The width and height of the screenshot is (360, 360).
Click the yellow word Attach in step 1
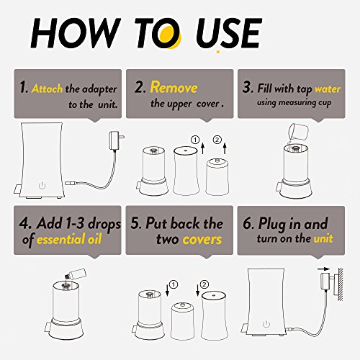[x=47, y=89]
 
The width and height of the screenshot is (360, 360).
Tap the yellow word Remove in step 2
[x=174, y=87]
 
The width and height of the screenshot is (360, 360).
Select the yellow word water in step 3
[x=328, y=89]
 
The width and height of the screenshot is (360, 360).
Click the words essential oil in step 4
[x=69, y=239]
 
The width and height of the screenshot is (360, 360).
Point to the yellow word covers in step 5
[x=202, y=239]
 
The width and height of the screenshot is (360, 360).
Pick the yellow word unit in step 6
[x=323, y=238]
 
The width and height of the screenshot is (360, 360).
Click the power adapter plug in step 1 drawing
[x=117, y=139]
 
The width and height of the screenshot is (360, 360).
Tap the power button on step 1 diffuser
[x=42, y=186]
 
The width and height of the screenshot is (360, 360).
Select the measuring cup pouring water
[x=297, y=132]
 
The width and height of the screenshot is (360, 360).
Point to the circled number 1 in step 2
[x=195, y=140]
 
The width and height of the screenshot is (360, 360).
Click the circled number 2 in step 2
[x=217, y=140]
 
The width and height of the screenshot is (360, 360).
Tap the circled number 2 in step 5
[x=204, y=284]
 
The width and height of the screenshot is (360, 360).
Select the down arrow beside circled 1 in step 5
[x=168, y=290]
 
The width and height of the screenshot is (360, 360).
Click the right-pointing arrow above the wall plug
[x=324, y=269]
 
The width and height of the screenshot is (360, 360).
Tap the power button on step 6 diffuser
[x=266, y=324]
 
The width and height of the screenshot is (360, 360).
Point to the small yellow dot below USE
[x=218, y=51]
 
